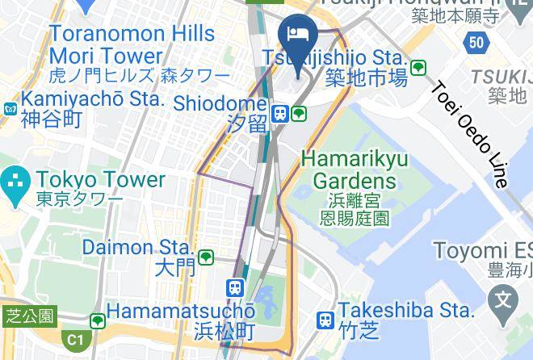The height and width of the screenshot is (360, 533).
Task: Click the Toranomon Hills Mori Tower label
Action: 132,45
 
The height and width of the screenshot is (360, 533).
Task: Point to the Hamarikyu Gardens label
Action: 355,169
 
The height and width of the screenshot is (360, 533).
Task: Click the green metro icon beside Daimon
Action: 206,257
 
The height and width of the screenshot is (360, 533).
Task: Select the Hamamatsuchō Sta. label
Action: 181,311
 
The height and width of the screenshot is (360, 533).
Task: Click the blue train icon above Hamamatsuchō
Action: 235,287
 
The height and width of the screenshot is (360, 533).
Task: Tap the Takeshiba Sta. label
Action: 406,310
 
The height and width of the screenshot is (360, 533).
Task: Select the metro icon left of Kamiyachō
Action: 10,107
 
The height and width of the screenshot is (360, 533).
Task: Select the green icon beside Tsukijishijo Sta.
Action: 418,68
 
